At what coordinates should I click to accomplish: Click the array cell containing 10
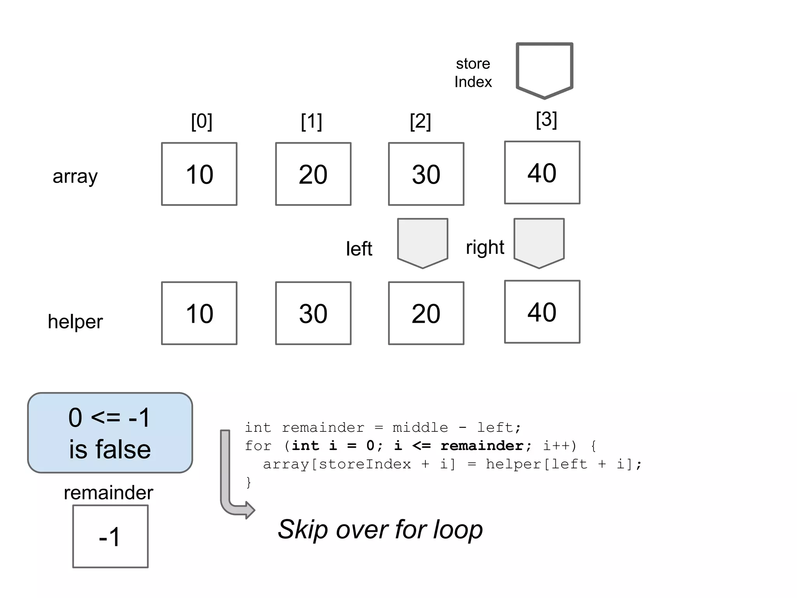pos(199,174)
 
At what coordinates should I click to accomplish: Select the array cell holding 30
pos(426,174)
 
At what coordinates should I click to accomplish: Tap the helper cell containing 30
pos(313,313)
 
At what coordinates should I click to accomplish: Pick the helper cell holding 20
pos(426,313)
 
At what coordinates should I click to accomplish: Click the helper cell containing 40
pos(542,312)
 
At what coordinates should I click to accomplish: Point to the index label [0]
pos(202,121)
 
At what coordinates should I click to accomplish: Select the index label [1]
pos(311,121)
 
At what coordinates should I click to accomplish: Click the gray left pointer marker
pos(423,242)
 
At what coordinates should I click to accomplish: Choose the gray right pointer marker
pos(539,242)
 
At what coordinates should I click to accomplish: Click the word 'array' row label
pos(75,176)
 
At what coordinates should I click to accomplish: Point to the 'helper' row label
pos(75,322)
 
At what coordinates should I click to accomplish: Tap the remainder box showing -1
pos(111,536)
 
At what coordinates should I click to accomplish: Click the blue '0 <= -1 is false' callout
pos(110,433)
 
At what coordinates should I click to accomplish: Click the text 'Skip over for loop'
pos(380,529)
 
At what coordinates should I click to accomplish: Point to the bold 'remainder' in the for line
pos(482,446)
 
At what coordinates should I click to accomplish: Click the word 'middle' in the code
pos(420,428)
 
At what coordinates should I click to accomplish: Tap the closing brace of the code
pos(248,483)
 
